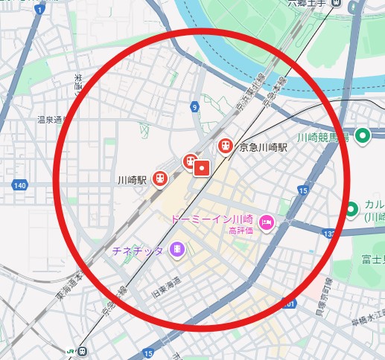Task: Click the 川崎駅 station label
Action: pyautogui.click(x=132, y=179)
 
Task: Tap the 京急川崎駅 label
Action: pyautogui.click(x=263, y=148)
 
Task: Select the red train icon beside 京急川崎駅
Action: pyautogui.click(x=224, y=147)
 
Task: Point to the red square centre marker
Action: pyautogui.click(x=201, y=169)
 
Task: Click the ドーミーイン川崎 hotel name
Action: pyautogui.click(x=211, y=219)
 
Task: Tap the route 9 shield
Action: pyautogui.click(x=194, y=108)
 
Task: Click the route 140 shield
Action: pyautogui.click(x=20, y=184)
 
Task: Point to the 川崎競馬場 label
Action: pyautogui.click(x=322, y=137)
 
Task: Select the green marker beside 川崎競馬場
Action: pyautogui.click(x=363, y=135)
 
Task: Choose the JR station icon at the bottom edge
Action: pyautogui.click(x=80, y=350)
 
